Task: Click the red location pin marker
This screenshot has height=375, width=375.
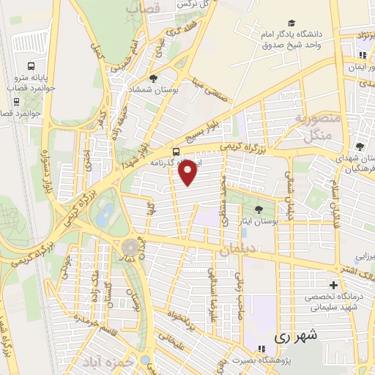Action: [188, 172]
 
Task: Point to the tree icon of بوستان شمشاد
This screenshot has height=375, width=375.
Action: [152, 78]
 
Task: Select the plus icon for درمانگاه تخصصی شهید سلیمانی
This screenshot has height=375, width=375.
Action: [334, 284]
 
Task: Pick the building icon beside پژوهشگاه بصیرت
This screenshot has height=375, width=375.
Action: [261, 347]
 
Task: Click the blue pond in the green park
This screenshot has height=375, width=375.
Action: [105, 214]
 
